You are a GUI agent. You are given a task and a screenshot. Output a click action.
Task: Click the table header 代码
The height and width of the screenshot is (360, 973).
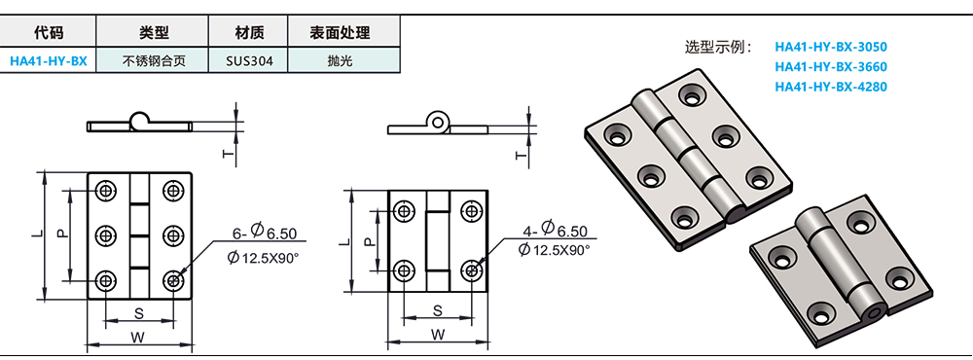48,33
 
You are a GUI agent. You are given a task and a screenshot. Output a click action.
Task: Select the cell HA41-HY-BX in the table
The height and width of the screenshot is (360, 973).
49,61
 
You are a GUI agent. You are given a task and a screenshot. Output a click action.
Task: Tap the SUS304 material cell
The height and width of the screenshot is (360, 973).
248,61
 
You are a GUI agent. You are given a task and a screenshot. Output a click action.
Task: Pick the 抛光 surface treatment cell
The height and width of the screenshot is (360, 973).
343,61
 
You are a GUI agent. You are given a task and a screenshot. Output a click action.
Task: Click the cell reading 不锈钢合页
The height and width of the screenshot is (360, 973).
153,61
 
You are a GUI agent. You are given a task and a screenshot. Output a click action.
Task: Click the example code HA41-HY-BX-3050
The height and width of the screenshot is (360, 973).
831,47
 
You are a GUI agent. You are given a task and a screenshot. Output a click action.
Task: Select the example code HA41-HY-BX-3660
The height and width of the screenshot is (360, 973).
831,67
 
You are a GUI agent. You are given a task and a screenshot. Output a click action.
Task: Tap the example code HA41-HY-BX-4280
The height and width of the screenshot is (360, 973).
831,87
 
